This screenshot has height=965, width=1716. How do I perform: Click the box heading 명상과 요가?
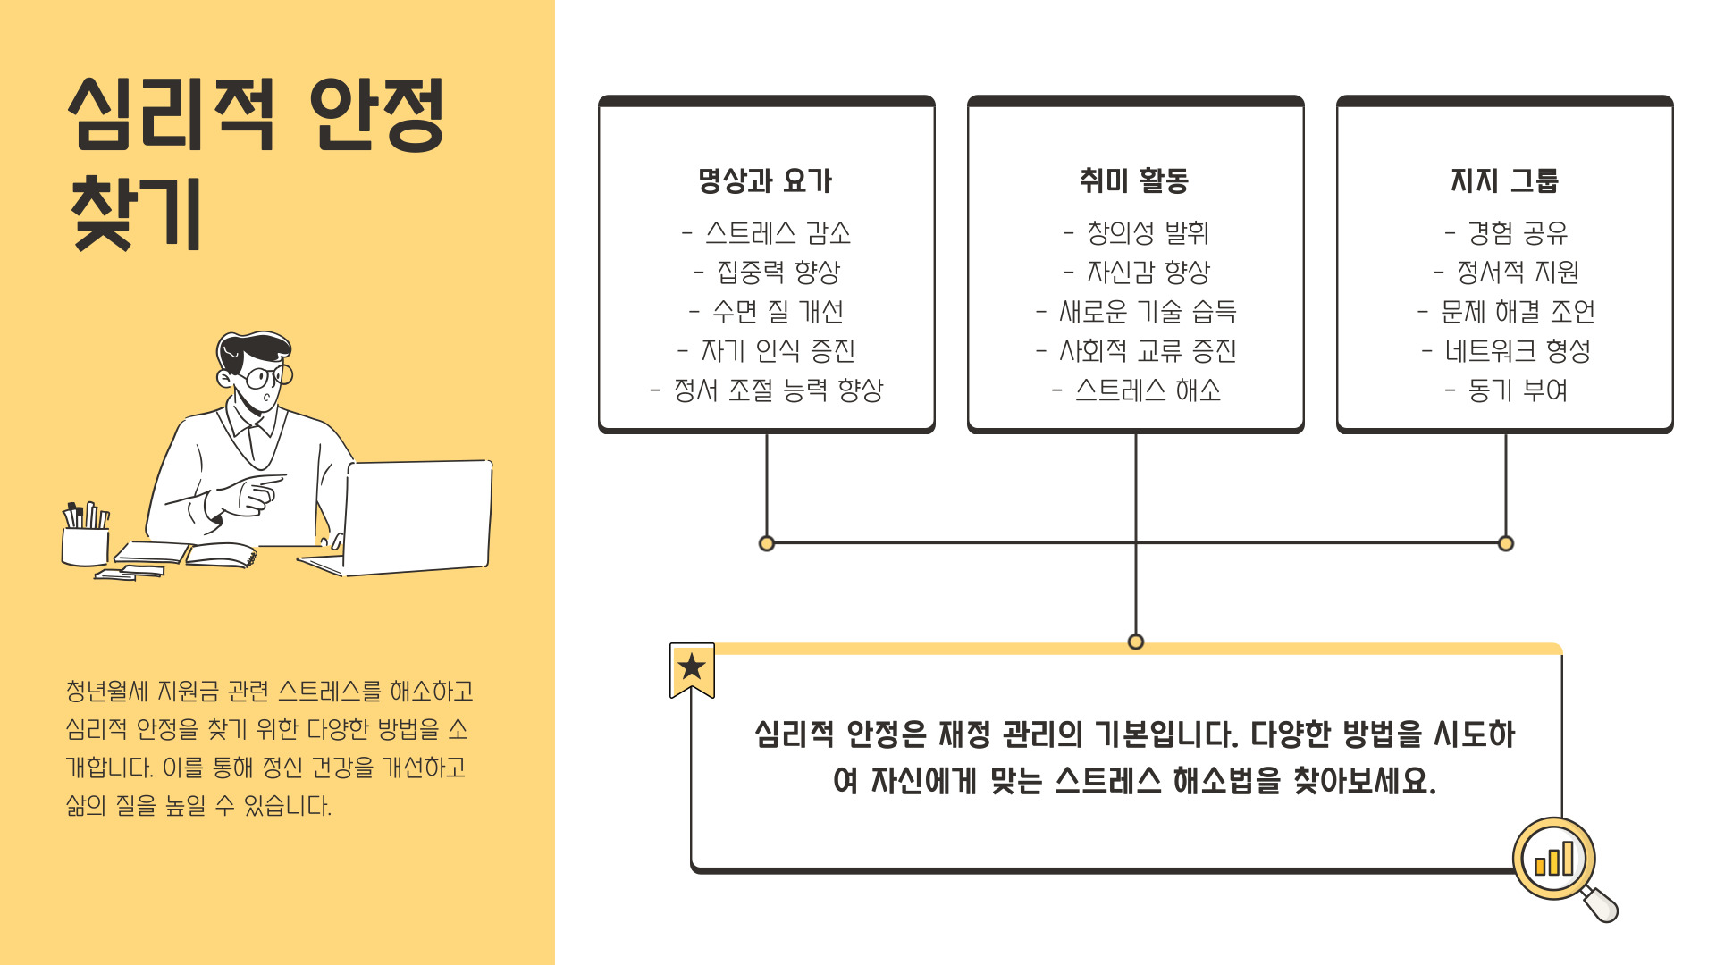765,181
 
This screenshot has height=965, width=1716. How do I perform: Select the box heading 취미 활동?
1134,181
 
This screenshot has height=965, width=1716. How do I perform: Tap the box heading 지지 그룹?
1504,181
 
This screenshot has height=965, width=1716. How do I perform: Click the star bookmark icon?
692,668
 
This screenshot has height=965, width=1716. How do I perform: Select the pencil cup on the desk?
85,539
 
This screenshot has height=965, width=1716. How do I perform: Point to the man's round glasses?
266,376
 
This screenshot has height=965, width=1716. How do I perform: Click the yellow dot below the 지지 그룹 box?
1506,543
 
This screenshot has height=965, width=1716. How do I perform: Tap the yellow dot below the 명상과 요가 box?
766,543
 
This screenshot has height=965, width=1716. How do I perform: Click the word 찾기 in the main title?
136,214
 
